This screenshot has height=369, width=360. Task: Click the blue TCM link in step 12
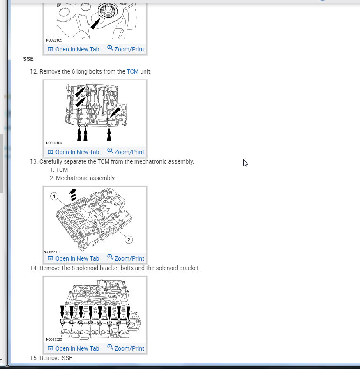coord(133,71)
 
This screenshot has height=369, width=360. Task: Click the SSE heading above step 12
coord(28,59)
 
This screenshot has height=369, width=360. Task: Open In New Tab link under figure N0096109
coord(74,152)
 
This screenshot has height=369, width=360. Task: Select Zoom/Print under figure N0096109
coord(126,152)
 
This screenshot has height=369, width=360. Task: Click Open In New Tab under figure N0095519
coord(74,258)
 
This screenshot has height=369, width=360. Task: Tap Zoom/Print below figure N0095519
coord(126,258)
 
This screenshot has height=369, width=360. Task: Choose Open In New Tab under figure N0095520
coord(74,348)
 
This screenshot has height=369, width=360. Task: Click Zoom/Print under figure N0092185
coord(126,49)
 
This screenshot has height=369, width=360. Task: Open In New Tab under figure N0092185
coord(74,49)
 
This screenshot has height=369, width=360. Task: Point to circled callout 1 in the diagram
coord(54,196)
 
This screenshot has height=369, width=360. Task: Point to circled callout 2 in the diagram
coord(129,240)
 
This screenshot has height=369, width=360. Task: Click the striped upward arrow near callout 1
coord(73,195)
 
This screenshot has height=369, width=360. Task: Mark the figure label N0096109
coord(54,143)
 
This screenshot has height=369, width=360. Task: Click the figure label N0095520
coord(54,339)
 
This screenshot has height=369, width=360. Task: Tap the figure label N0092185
coord(54,40)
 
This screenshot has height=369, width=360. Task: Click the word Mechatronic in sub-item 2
coord(70,178)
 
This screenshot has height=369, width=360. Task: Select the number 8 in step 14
coord(73,268)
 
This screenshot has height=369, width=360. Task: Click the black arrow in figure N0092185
coord(95,24)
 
